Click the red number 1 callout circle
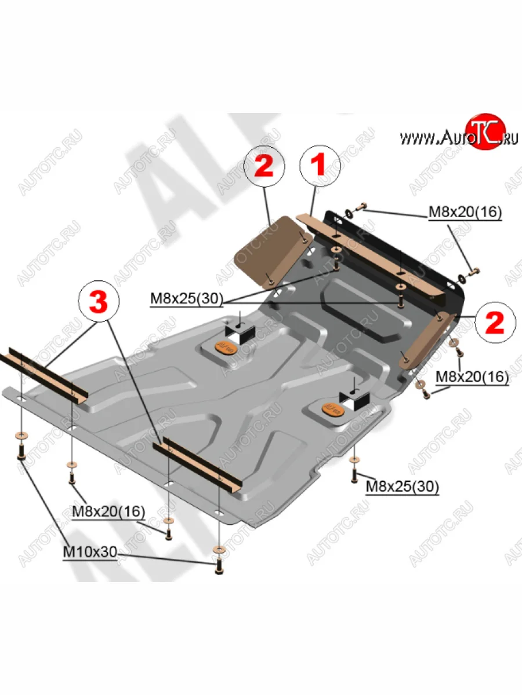coord(318,165)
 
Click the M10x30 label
coord(89,553)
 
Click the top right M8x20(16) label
coord(465,213)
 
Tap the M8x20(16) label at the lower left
coord(108,511)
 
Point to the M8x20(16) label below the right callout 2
coord(472,377)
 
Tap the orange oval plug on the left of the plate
coord(226,347)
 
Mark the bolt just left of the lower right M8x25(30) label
coord(353,474)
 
